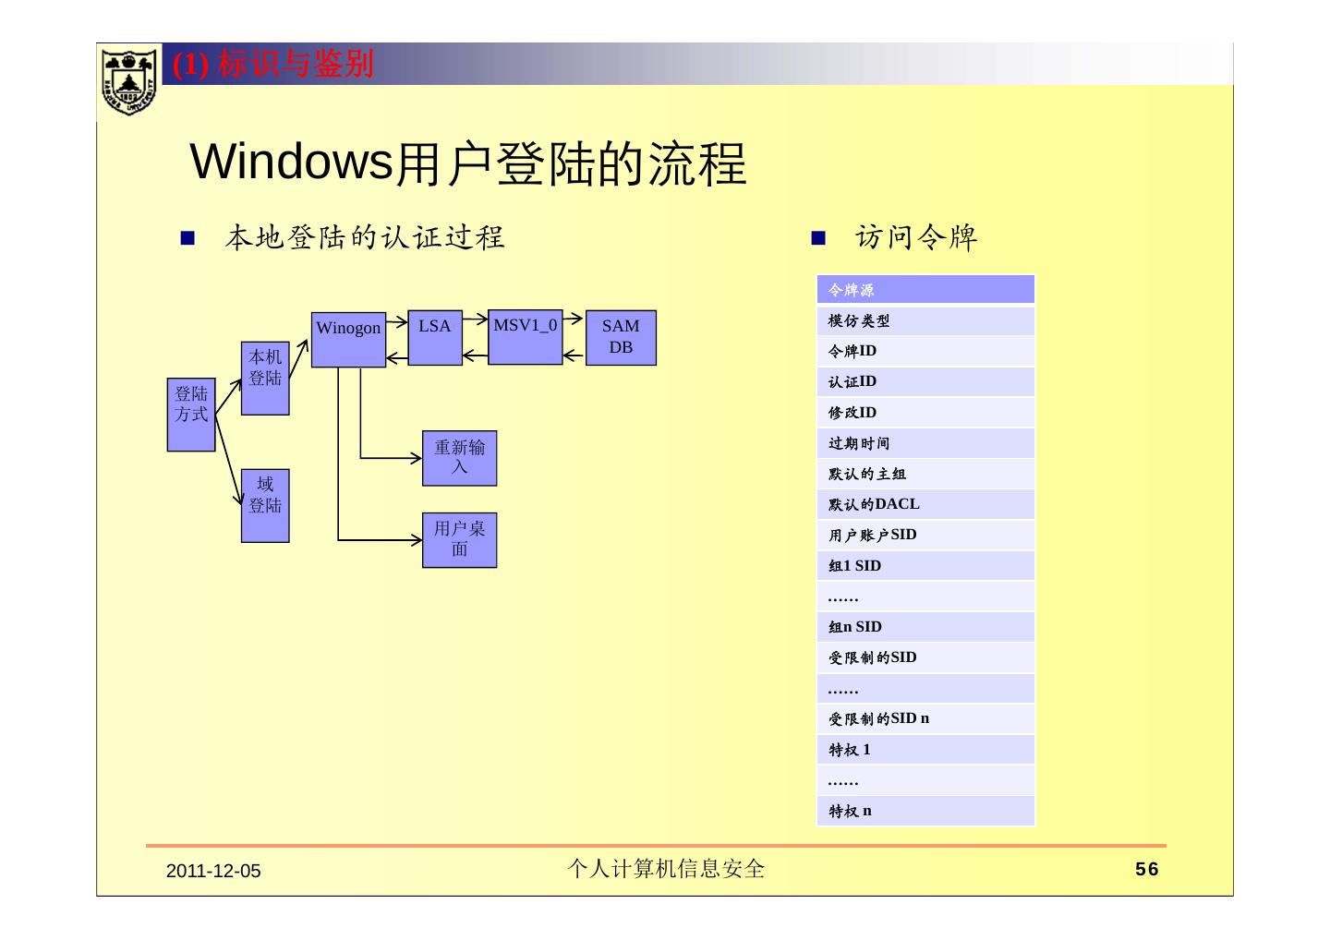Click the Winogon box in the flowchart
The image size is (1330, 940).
point(348,339)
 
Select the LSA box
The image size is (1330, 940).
point(435,337)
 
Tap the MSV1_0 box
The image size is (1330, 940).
point(525,337)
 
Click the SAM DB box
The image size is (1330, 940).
point(621,338)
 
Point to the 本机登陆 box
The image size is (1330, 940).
point(265,379)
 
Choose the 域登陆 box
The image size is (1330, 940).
point(265,505)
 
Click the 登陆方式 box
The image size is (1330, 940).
point(191,415)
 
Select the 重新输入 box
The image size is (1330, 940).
point(459,458)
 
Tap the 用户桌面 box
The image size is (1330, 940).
point(459,540)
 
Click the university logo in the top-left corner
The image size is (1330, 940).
point(128,81)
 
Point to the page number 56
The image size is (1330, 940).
point(1146,870)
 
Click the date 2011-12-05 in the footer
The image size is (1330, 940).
point(213,871)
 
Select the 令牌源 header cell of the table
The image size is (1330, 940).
point(925,290)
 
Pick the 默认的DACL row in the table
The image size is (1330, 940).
point(925,504)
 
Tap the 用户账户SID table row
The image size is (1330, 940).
point(925,535)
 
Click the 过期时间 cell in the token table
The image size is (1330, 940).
point(925,443)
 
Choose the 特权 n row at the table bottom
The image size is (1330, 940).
point(925,811)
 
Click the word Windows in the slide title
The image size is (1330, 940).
point(292,163)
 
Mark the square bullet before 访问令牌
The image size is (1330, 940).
point(817,239)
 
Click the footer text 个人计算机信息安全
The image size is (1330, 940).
point(665,869)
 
